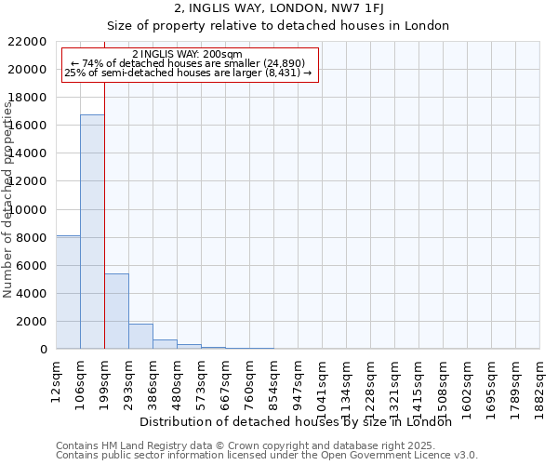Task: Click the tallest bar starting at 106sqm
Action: point(92,232)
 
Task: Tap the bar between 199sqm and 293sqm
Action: point(116,312)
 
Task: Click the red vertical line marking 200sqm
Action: point(104,205)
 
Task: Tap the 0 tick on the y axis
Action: point(44,350)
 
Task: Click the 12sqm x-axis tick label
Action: point(57,377)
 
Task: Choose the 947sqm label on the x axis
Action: point(299,379)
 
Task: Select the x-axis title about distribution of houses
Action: point(301,421)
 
